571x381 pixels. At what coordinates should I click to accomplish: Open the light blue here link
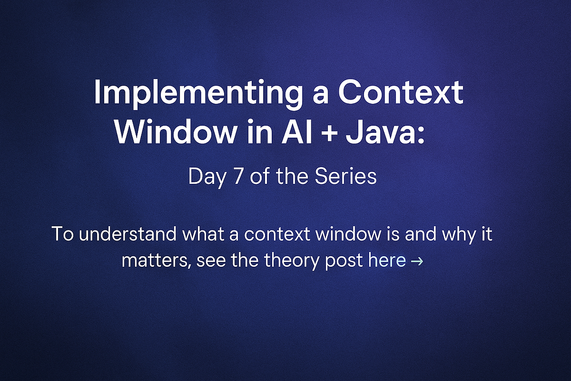tap(387, 261)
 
